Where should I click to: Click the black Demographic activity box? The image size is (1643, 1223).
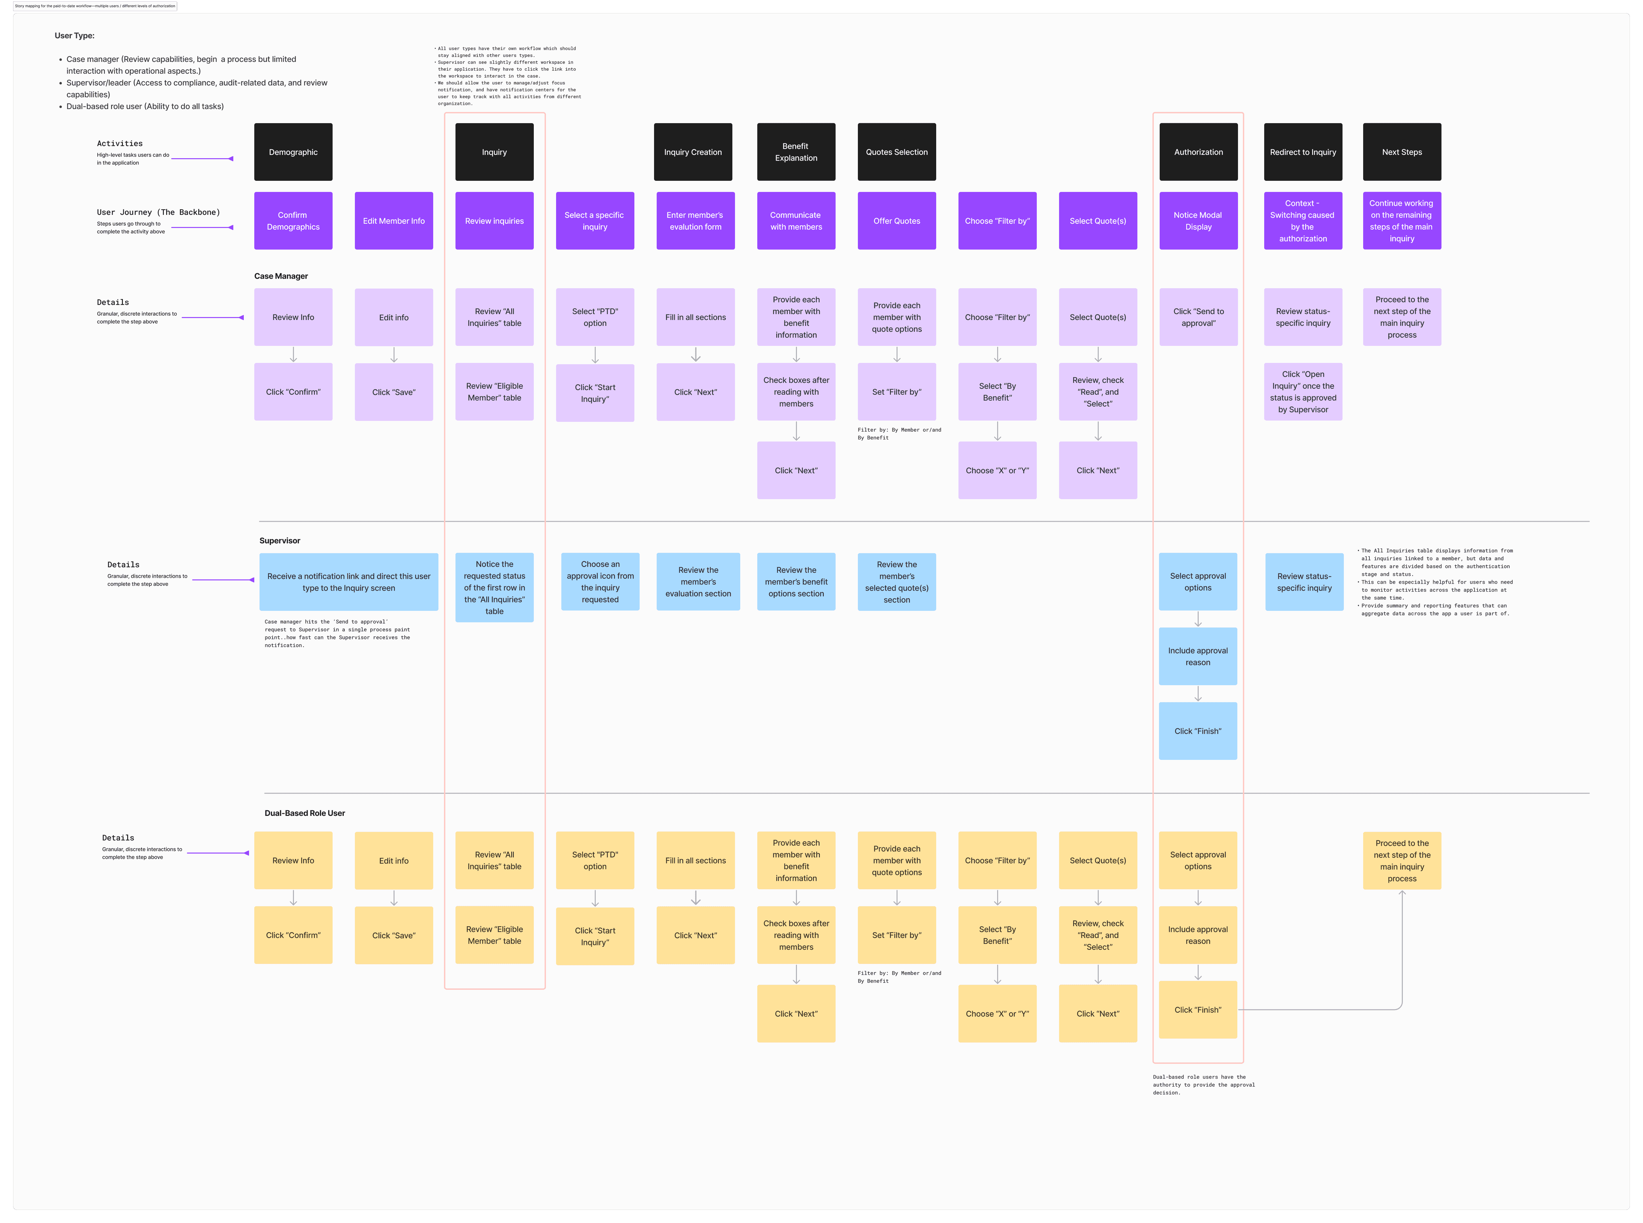(x=293, y=152)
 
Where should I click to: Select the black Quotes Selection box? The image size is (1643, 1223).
(x=896, y=152)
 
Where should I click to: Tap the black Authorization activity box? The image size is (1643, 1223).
(x=1198, y=152)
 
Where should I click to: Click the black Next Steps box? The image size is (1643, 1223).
(x=1401, y=152)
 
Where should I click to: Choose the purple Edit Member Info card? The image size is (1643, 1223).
(x=393, y=221)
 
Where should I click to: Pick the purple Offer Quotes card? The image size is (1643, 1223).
(x=896, y=221)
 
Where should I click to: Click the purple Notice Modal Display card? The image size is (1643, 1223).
(x=1198, y=221)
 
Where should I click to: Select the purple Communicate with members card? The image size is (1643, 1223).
(x=796, y=221)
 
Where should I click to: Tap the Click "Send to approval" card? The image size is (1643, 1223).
(x=1198, y=317)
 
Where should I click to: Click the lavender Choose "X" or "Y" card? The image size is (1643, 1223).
(x=997, y=470)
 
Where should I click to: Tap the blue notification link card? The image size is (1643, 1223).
(x=348, y=582)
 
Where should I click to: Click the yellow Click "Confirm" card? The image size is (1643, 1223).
(x=293, y=935)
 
